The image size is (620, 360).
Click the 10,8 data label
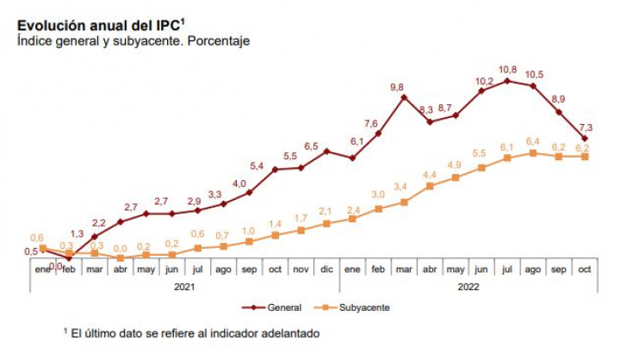click(x=508, y=69)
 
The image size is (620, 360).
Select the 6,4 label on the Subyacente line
click(x=533, y=140)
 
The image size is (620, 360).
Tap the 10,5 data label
click(x=534, y=74)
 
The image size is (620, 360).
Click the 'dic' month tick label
click(x=327, y=270)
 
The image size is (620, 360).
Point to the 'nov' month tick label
click(x=301, y=270)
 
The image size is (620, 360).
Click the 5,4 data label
click(x=257, y=165)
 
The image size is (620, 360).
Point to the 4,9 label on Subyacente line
click(x=454, y=164)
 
